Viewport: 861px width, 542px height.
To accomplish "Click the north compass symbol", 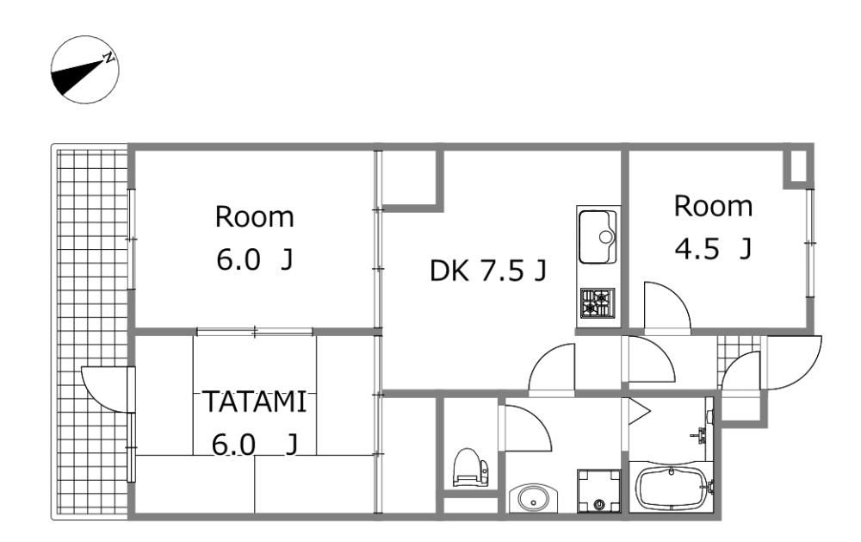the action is click(x=85, y=70).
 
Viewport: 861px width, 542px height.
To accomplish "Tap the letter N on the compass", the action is click(x=110, y=57).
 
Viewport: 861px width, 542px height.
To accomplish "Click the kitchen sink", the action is click(x=598, y=237).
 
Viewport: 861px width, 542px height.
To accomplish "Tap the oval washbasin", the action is click(x=533, y=499).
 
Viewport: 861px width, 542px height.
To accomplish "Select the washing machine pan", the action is click(x=599, y=491).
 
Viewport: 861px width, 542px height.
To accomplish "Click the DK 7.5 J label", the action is click(x=487, y=271).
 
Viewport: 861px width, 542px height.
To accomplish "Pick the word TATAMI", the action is click(x=254, y=402).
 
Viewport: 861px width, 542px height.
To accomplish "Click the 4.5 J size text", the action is click(x=713, y=249).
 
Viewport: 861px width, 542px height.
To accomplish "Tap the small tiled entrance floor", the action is click(x=739, y=352).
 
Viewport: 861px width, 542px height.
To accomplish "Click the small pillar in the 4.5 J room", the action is click(x=798, y=165).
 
